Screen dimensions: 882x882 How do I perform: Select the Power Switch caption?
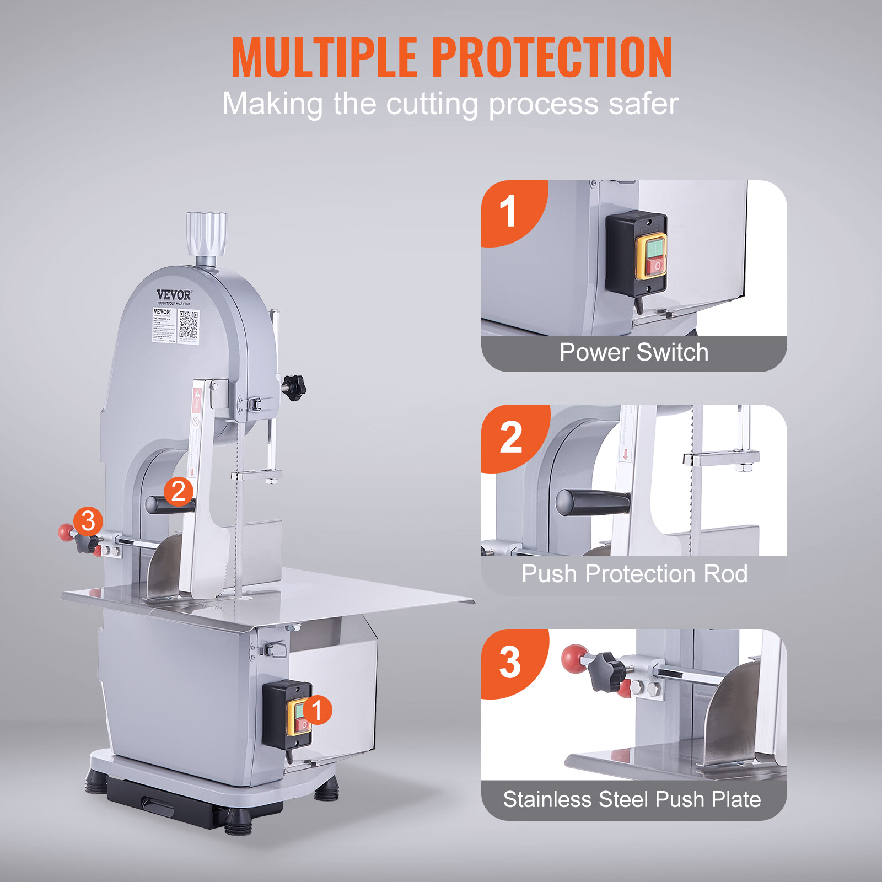pos(634,352)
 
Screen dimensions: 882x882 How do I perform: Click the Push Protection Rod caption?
pos(634,574)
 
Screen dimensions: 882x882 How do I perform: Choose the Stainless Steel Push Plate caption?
pos(632,799)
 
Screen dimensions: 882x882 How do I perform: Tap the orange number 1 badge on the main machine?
pos(316,710)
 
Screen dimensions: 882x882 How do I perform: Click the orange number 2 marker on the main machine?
pos(178,491)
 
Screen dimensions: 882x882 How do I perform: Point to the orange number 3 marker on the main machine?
pos(88,521)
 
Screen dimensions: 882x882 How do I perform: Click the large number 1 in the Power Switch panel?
pos(507,212)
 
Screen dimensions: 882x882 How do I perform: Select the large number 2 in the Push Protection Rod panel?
pos(510,437)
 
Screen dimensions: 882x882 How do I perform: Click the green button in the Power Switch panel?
pos(654,248)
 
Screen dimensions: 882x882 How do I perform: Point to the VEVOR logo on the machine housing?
pos(174,295)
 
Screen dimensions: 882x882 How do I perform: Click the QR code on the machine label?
pos(189,325)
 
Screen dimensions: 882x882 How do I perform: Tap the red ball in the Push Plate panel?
pos(574,658)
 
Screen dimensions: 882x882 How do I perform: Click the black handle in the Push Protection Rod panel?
pos(593,502)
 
